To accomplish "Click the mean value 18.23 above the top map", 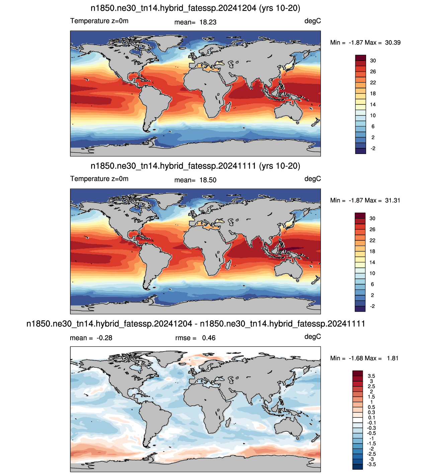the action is tap(208, 22).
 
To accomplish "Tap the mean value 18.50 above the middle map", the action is tap(208, 180).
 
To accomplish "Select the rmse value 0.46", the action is tap(208, 338).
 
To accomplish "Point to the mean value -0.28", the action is tap(104, 338).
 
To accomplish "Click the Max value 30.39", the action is tap(393, 43).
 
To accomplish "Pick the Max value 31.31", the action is tap(393, 201).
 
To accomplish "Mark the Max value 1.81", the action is tap(393, 358).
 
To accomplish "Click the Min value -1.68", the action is tap(357, 358).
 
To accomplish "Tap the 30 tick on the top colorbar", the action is tap(373, 61).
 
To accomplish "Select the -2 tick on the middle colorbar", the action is tap(372, 306).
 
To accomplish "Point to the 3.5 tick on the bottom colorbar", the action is tap(371, 376).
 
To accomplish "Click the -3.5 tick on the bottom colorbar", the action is tap(371, 464).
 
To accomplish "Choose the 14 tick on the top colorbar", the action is tap(373, 104).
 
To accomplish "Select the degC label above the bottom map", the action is tap(313, 336).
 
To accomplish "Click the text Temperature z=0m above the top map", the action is tap(99, 21).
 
